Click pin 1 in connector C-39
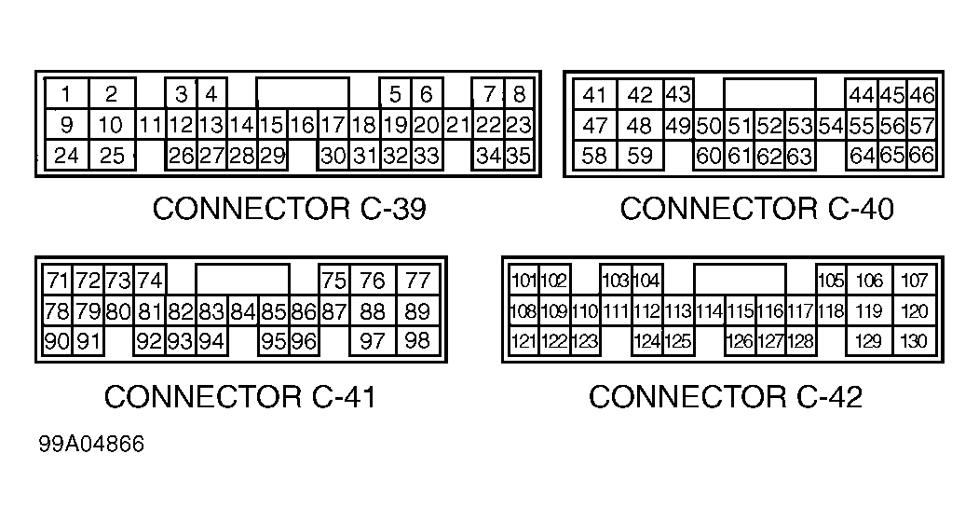click(67, 94)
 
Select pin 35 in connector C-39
click(519, 156)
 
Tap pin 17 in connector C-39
click(333, 125)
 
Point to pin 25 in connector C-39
click(111, 156)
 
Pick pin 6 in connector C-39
click(426, 94)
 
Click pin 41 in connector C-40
click(594, 95)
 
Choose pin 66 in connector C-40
click(921, 156)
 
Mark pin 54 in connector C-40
click(831, 126)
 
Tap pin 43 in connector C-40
click(678, 94)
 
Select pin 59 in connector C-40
click(640, 156)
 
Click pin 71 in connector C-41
click(58, 280)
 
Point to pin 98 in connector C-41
click(418, 341)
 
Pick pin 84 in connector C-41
click(243, 311)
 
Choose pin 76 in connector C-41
click(373, 280)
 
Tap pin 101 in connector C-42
click(523, 281)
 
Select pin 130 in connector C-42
click(915, 342)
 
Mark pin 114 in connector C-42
click(709, 311)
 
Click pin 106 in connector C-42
click(869, 281)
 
